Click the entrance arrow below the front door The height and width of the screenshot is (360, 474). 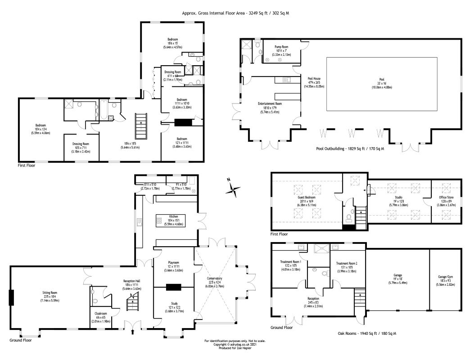(133, 333)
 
